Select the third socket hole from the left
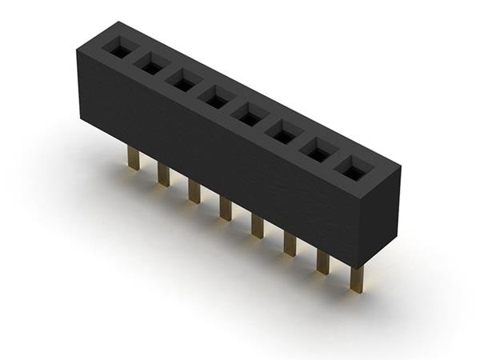[x=183, y=82]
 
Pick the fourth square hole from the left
[x=216, y=98]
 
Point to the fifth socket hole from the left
[x=250, y=116]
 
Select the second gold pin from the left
[x=163, y=174]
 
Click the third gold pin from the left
[x=194, y=191]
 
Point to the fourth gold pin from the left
[x=225, y=208]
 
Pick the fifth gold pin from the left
[x=257, y=226]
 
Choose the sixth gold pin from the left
[x=290, y=243]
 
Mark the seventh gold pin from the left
[x=323, y=262]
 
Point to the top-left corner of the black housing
[x=78, y=50]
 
